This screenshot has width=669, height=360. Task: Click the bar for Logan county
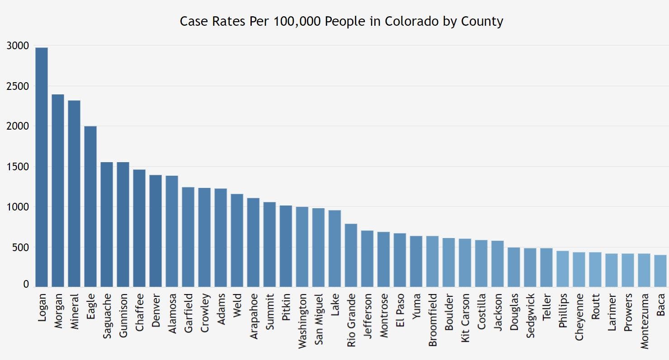click(42, 167)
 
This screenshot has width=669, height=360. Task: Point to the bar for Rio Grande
click(351, 255)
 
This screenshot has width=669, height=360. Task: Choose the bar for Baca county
click(660, 271)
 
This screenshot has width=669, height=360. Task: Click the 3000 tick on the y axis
click(18, 46)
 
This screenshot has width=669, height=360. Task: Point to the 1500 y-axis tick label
click(18, 167)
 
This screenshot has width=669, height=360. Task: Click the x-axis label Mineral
click(75, 312)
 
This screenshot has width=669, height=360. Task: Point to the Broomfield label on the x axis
click(433, 320)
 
